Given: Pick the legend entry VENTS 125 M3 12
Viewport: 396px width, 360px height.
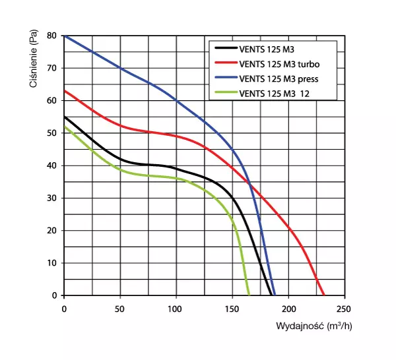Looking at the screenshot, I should coord(275,94).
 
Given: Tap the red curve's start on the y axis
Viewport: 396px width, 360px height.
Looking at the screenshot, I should coord(64,90).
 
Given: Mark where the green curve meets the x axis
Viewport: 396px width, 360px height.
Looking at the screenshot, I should coord(249,295).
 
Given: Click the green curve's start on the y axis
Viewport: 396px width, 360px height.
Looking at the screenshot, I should coord(64,127).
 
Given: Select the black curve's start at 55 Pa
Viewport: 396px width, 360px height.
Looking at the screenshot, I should coord(64,117).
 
